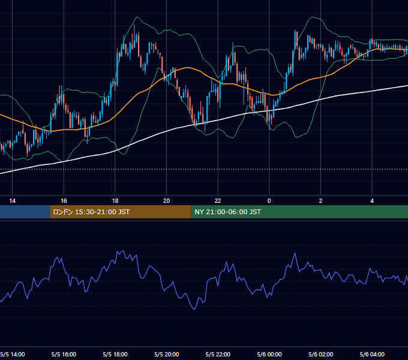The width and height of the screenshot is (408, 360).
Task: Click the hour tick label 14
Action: tap(12, 201)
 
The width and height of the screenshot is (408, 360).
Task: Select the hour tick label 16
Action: tap(64, 201)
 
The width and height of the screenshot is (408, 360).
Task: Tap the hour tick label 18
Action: tap(115, 201)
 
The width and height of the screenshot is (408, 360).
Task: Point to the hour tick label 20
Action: tap(167, 201)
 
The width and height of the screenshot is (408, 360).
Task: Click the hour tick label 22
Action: tap(218, 201)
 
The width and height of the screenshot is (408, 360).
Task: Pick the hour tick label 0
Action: tap(269, 201)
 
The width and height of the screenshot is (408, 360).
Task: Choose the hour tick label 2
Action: tap(320, 201)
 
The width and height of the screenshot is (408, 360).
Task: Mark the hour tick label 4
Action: tap(372, 201)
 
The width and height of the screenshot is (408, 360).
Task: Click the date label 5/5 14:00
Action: tap(13, 354)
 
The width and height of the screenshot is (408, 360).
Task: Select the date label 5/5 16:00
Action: tap(64, 354)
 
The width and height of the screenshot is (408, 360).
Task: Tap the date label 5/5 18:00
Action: tap(115, 354)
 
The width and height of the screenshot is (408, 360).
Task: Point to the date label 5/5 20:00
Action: tap(167, 354)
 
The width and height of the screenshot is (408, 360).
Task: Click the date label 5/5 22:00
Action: tap(218, 354)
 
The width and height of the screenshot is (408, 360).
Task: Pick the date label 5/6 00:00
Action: tap(269, 354)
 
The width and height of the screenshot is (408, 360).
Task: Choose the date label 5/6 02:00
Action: tap(320, 354)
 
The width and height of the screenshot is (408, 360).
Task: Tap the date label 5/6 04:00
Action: tap(372, 354)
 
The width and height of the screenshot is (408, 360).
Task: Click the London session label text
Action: tap(91, 212)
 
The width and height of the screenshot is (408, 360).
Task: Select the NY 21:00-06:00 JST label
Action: tap(227, 212)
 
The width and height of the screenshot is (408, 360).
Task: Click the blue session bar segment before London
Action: tap(25, 212)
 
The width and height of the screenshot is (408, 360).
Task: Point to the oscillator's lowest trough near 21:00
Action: tap(194, 309)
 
